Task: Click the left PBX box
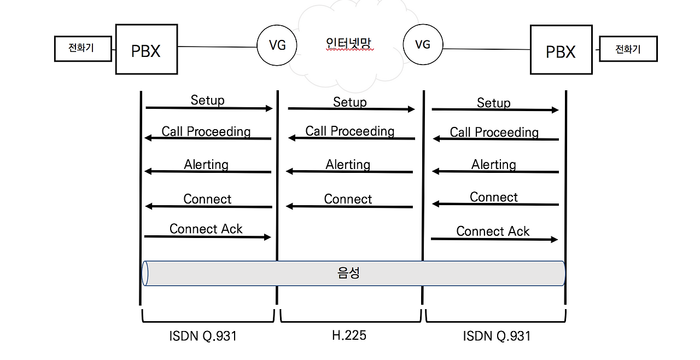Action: click(x=147, y=50)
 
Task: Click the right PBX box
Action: click(x=561, y=50)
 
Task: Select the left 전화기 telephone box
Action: click(x=83, y=48)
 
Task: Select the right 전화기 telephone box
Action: click(x=628, y=49)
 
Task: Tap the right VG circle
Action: click(x=422, y=44)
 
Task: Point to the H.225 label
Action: click(x=349, y=335)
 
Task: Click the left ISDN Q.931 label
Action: click(x=203, y=335)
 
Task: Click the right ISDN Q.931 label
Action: click(x=497, y=335)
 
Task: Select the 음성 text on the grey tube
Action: click(x=348, y=273)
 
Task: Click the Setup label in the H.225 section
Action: click(x=349, y=102)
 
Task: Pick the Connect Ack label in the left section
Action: click(x=206, y=229)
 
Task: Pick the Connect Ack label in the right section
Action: click(x=493, y=231)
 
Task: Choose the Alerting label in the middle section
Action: click(x=348, y=164)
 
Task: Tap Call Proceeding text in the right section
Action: click(x=494, y=132)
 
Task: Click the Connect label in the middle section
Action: click(x=348, y=199)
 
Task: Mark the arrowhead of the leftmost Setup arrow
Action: click(x=269, y=108)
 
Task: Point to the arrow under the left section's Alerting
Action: click(x=208, y=172)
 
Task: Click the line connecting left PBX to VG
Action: click(x=217, y=47)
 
